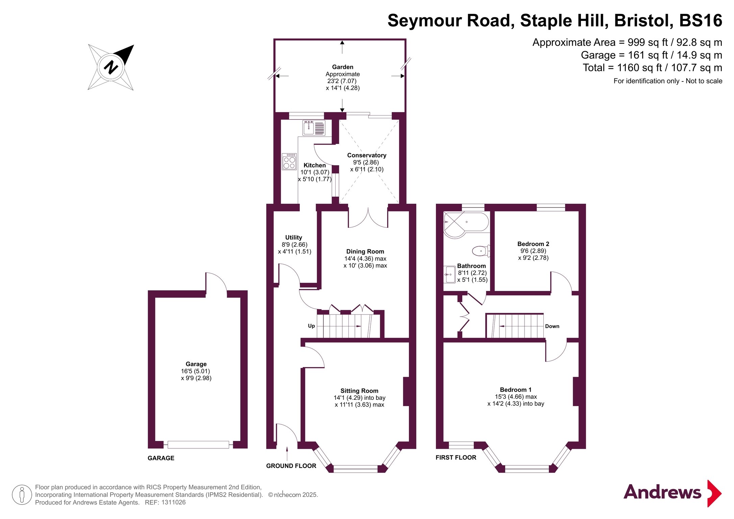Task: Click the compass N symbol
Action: (111, 67)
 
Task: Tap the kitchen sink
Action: (314, 128)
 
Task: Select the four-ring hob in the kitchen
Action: (289, 162)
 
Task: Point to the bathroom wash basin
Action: (449, 274)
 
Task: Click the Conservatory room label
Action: (367, 155)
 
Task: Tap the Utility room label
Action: (294, 238)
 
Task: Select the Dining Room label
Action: (365, 251)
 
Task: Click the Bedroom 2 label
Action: (533, 244)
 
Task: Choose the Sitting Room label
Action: (359, 391)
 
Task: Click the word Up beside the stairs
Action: (311, 326)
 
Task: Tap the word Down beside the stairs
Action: (552, 326)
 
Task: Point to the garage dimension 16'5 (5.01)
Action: (195, 371)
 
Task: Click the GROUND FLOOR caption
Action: (291, 466)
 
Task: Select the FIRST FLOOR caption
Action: (456, 458)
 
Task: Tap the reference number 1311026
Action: (173, 502)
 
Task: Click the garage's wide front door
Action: (198, 445)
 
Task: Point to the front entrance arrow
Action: (287, 454)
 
